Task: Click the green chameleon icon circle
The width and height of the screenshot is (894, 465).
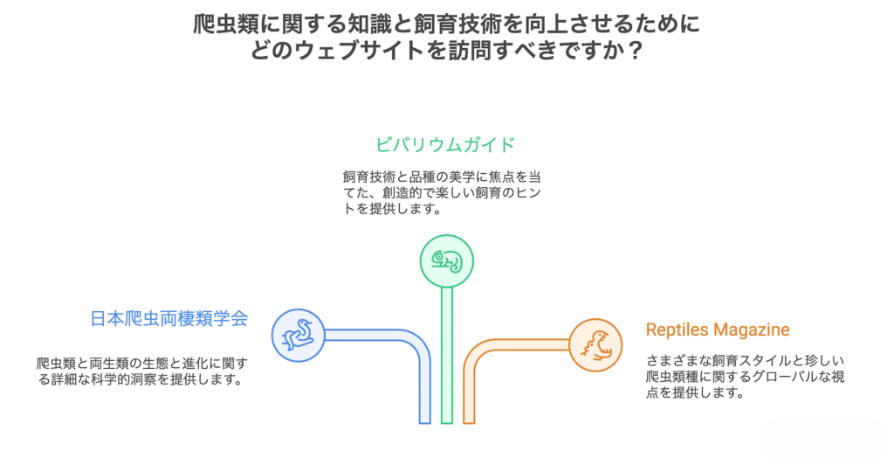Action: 446,260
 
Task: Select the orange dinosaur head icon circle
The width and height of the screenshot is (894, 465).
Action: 595,344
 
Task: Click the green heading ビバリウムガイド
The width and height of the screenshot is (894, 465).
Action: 445,143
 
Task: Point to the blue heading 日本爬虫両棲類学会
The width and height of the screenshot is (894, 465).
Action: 168,318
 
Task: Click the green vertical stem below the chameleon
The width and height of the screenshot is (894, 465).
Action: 446,358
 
